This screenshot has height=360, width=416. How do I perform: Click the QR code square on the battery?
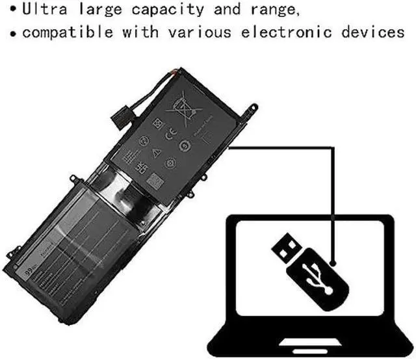(x=154, y=179)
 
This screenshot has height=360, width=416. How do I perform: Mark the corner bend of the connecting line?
(x=333, y=146)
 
